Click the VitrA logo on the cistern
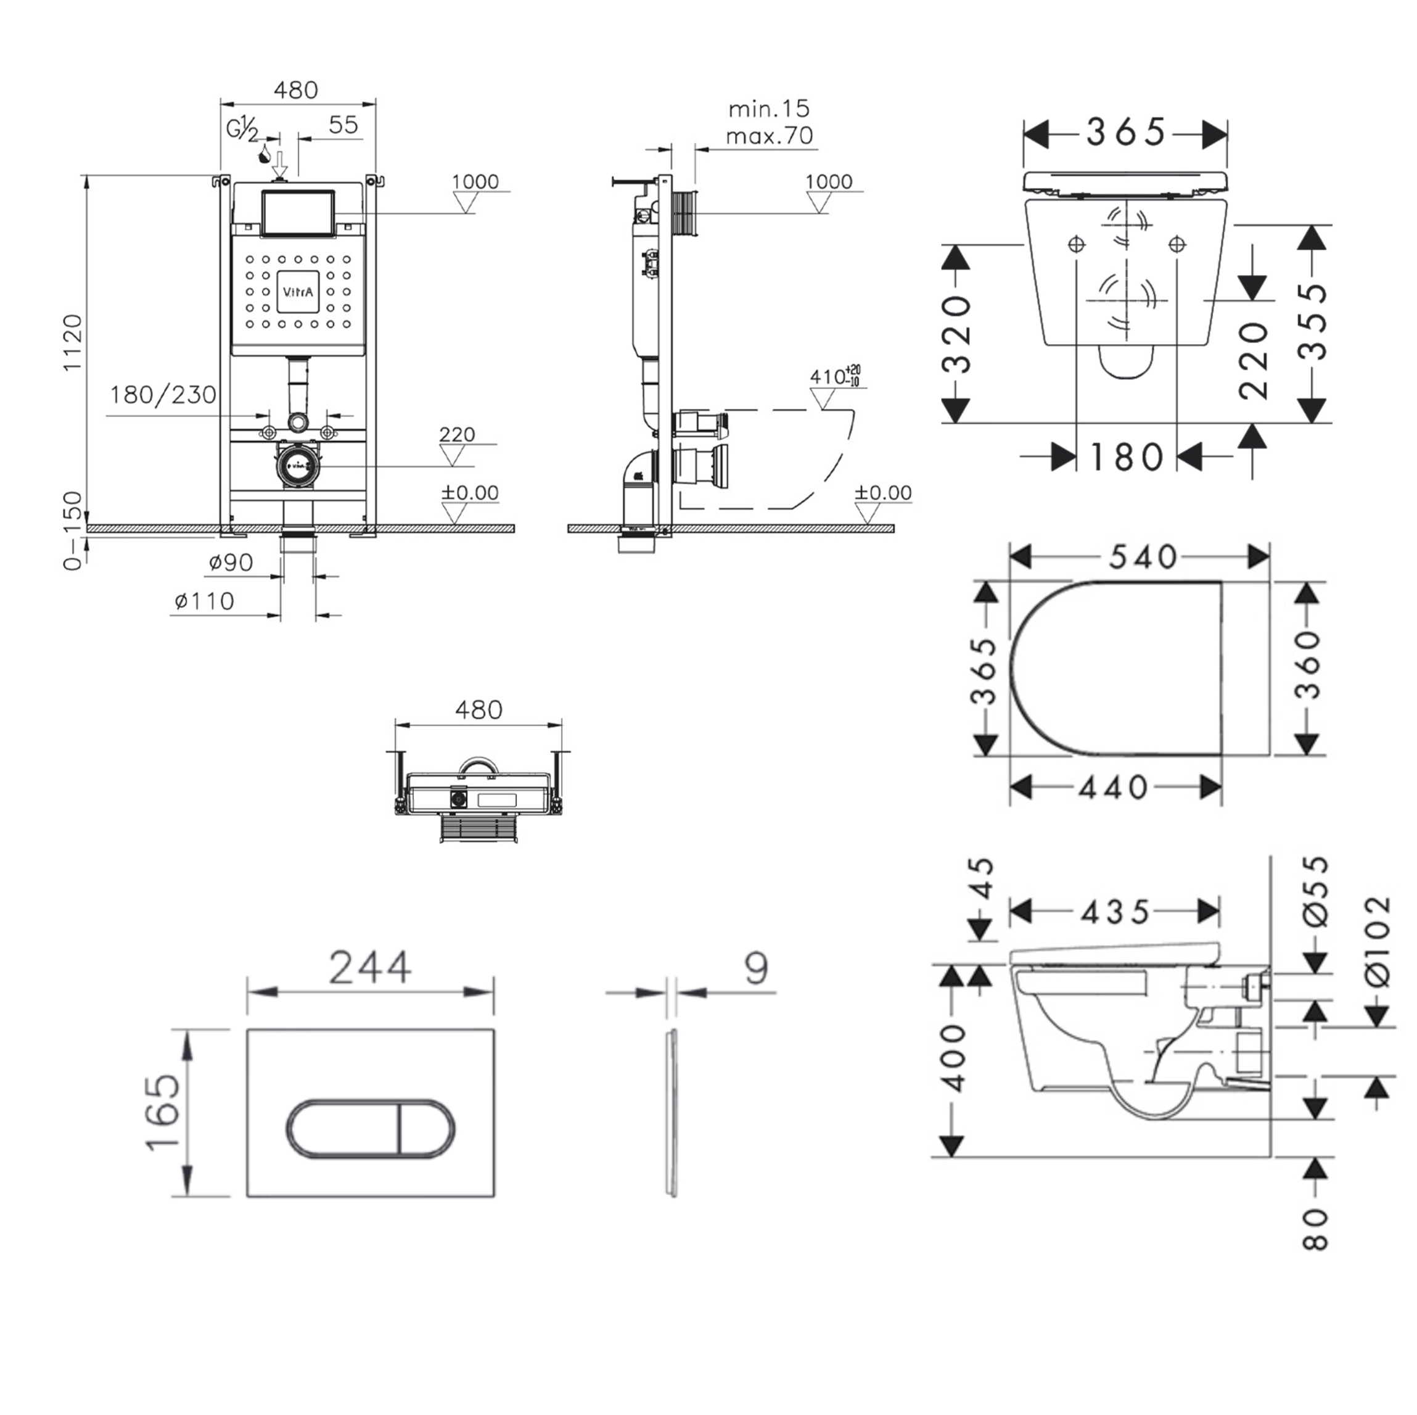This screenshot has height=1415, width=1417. [298, 292]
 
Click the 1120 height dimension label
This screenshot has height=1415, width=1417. [73, 342]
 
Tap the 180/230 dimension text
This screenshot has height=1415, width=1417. [163, 395]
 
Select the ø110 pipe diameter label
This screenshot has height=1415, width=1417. [205, 601]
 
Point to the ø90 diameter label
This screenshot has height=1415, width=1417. [230, 563]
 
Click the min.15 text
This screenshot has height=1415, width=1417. [769, 109]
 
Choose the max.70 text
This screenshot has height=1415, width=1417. [769, 136]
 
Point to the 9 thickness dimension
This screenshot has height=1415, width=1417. [755, 968]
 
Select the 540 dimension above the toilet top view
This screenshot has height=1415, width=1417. [1142, 558]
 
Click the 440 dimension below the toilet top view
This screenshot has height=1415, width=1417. [1114, 788]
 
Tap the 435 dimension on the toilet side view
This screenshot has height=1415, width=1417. [1115, 912]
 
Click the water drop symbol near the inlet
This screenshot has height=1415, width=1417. [264, 154]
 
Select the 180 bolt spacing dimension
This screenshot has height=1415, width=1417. [1127, 458]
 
